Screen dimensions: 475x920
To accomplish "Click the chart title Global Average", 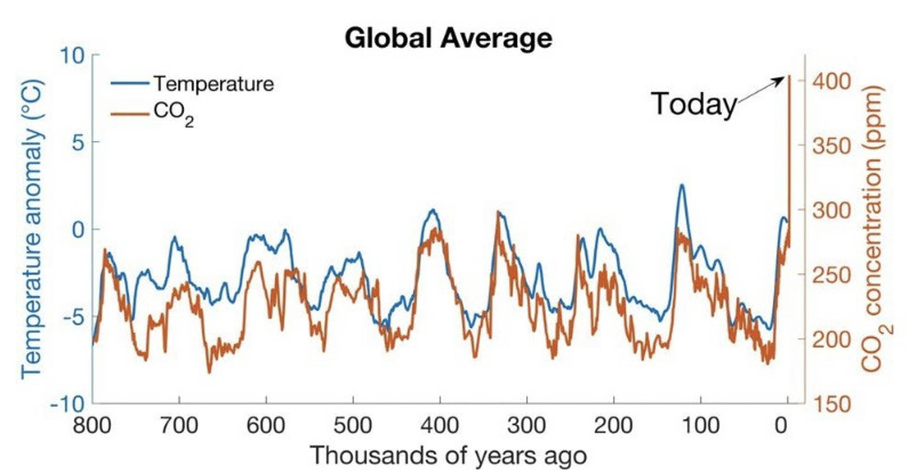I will pyautogui.click(x=448, y=38).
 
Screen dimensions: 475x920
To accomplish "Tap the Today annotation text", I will pyautogui.click(x=694, y=104).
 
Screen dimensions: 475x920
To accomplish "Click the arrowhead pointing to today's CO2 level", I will pyautogui.click(x=781, y=80).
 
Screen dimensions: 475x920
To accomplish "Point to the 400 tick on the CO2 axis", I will pyautogui.click(x=831, y=81).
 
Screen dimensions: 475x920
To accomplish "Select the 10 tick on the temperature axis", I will pyautogui.click(x=72, y=56).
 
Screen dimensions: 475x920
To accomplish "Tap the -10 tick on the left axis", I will pyautogui.click(x=68, y=405).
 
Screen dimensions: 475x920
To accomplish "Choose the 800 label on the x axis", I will pyautogui.click(x=92, y=425).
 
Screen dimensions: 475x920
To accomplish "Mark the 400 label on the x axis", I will pyautogui.click(x=440, y=425).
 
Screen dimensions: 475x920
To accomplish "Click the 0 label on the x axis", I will pyautogui.click(x=781, y=425).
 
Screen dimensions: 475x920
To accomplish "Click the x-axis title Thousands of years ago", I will pyautogui.click(x=448, y=456).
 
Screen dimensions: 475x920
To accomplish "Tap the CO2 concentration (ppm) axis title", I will pyautogui.click(x=876, y=229).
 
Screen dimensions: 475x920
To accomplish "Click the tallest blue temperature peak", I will pyautogui.click(x=682, y=185).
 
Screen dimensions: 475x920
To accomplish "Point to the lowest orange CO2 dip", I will pyautogui.click(x=209, y=372).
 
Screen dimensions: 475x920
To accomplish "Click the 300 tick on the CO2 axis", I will pyautogui.click(x=831, y=211).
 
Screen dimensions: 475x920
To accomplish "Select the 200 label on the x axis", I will pyautogui.click(x=613, y=425).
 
